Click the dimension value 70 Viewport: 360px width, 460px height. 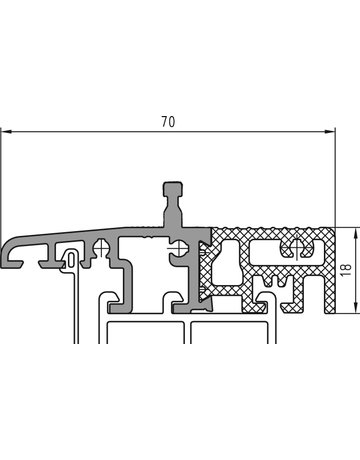(x=168, y=122)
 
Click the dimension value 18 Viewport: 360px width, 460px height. (x=347, y=270)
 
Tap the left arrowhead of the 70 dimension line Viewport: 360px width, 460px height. (x=6, y=132)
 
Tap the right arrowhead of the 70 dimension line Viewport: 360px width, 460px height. (x=329, y=132)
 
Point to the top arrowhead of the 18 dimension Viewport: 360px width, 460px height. (x=357, y=233)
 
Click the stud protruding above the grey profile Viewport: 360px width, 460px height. (x=173, y=203)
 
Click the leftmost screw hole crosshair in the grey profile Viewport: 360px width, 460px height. (x=101, y=248)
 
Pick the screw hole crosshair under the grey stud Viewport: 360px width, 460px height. (x=178, y=248)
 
